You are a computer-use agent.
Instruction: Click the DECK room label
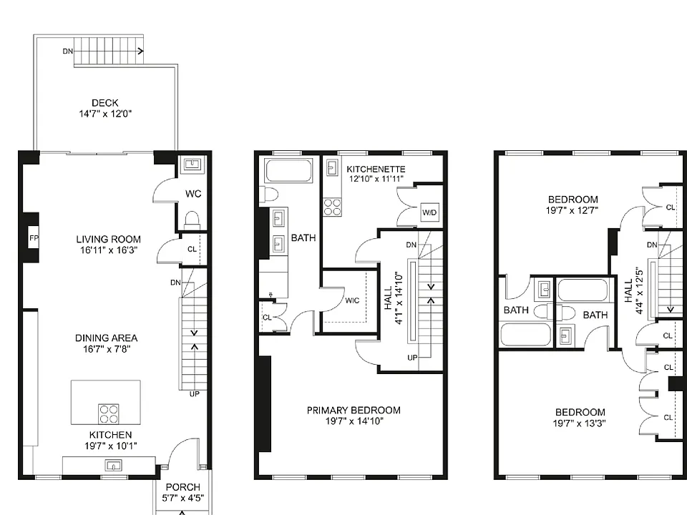pyautogui.click(x=105, y=103)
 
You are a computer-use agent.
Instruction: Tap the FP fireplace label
pyautogui.click(x=34, y=238)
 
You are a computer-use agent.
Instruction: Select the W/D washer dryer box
pyautogui.click(x=429, y=213)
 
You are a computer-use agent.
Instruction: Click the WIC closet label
pyautogui.click(x=352, y=300)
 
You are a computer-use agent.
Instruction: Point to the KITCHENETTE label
pyautogui.click(x=376, y=169)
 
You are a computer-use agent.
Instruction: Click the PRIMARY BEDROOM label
pyautogui.click(x=354, y=411)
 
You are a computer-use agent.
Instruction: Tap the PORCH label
pyautogui.click(x=182, y=487)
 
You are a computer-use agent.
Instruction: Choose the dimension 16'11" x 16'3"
pyautogui.click(x=109, y=250)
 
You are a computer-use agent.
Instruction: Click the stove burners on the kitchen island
pyautogui.click(x=108, y=414)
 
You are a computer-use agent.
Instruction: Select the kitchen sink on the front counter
pyautogui.click(x=114, y=465)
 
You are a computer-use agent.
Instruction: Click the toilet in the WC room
pyautogui.click(x=193, y=220)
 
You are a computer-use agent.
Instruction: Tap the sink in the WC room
pyautogui.click(x=193, y=165)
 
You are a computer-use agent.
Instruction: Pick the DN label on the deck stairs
pyautogui.click(x=67, y=51)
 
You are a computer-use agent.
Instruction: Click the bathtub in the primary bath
pyautogui.click(x=288, y=170)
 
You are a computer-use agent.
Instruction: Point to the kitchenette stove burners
pyautogui.click(x=333, y=207)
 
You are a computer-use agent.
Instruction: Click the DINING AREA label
pyautogui.click(x=107, y=338)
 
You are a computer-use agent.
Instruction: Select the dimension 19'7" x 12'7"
pyautogui.click(x=572, y=210)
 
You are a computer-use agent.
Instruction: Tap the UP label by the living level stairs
pyautogui.click(x=195, y=394)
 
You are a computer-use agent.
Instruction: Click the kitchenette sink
pyautogui.click(x=331, y=167)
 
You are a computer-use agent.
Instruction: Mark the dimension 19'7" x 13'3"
pyautogui.click(x=579, y=423)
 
